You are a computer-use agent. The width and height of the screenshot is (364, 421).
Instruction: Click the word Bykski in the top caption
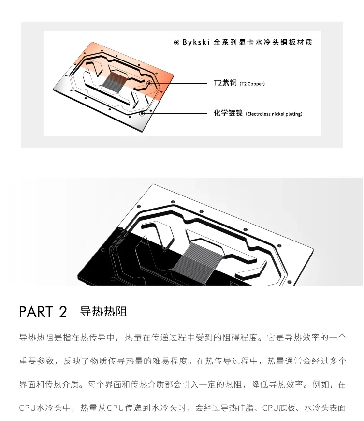click(x=196, y=43)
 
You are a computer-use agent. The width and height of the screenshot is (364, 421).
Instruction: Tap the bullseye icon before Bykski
click(x=176, y=43)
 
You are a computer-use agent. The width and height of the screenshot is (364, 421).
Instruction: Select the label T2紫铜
click(x=225, y=83)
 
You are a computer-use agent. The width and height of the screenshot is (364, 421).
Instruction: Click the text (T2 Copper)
click(x=252, y=84)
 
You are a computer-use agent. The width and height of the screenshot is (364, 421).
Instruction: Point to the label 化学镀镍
click(x=228, y=113)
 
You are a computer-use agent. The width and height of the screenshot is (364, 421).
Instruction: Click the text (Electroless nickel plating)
click(x=274, y=114)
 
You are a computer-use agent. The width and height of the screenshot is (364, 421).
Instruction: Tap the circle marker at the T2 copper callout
click(x=150, y=83)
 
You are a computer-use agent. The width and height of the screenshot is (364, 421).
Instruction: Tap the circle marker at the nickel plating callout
click(x=142, y=114)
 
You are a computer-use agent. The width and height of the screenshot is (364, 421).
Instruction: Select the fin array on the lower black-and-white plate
click(x=198, y=260)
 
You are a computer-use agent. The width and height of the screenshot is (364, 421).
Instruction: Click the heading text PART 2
click(x=43, y=312)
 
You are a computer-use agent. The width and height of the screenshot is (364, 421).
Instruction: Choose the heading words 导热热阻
click(x=103, y=312)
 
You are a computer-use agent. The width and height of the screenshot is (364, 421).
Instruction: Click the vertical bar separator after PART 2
click(x=73, y=312)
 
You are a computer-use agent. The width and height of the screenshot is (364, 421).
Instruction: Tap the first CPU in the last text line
click(x=28, y=408)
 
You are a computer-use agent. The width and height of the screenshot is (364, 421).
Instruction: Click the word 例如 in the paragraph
click(x=321, y=385)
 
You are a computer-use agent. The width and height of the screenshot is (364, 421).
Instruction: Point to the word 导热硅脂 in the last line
click(x=238, y=408)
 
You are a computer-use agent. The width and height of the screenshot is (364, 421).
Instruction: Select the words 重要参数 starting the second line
click(x=36, y=361)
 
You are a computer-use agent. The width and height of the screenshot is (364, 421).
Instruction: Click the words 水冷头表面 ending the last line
click(x=325, y=408)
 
